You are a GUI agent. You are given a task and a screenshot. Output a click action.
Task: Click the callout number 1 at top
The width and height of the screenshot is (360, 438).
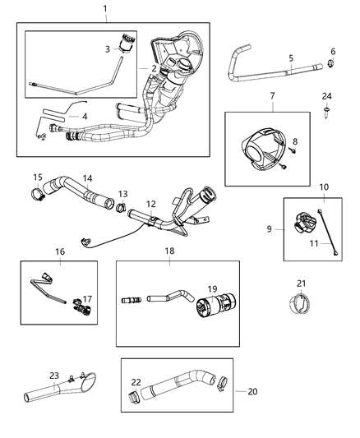(104, 8)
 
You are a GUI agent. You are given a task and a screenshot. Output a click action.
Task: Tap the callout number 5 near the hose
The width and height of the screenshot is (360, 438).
(291, 58)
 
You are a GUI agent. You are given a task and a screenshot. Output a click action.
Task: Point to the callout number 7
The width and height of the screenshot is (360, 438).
(273, 97)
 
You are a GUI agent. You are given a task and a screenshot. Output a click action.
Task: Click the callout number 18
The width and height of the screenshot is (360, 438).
(168, 250)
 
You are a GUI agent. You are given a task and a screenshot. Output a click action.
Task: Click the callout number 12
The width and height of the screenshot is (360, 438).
(150, 203)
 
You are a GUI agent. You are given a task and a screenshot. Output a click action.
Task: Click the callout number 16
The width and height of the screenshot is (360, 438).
(59, 251)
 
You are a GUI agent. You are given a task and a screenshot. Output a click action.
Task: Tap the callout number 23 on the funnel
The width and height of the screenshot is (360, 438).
(55, 376)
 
